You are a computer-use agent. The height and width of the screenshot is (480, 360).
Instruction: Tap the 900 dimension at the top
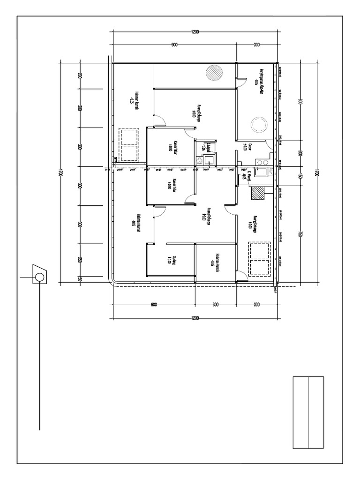[174, 45]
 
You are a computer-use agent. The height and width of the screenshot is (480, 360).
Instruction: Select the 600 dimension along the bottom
[153, 305]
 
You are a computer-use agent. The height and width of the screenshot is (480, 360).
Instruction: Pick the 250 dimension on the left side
[80, 261]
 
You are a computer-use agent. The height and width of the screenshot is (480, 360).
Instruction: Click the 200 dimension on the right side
[299, 153]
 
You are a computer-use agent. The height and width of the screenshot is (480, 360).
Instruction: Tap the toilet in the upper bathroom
[200, 160]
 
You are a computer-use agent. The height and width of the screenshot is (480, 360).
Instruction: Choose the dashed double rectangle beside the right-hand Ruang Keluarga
[259, 258]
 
